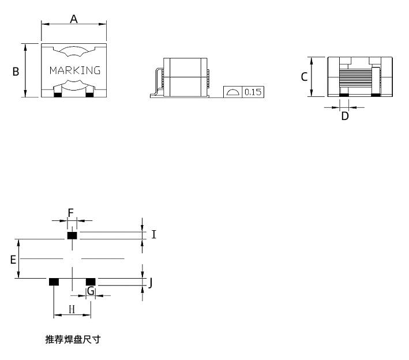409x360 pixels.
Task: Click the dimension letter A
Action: pyautogui.click(x=74, y=19)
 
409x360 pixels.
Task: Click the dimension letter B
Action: pyautogui.click(x=16, y=72)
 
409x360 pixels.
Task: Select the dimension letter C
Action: pyautogui.click(x=304, y=77)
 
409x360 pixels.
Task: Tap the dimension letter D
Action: pyautogui.click(x=345, y=116)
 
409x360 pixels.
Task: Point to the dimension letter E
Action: pyautogui.click(x=13, y=260)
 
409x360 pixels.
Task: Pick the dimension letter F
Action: pyautogui.click(x=71, y=213)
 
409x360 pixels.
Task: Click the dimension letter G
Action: pyautogui.click(x=91, y=291)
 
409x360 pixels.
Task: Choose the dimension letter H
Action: pyautogui.click(x=72, y=309)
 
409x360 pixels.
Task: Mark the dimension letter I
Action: pyautogui.click(x=154, y=235)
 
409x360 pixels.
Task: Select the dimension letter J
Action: pyautogui.click(x=150, y=283)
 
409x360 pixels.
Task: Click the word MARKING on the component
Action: pyautogui.click(x=75, y=70)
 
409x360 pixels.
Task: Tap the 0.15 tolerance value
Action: pyautogui.click(x=253, y=92)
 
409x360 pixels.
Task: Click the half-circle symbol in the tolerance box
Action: pyautogui.click(x=232, y=92)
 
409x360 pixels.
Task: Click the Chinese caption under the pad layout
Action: pyautogui.click(x=73, y=339)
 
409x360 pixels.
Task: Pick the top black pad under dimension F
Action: pyautogui.click(x=72, y=235)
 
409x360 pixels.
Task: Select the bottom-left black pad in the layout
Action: pyautogui.click(x=54, y=282)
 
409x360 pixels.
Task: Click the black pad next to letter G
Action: pyautogui.click(x=91, y=282)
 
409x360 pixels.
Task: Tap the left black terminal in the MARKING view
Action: pyautogui.click(x=58, y=95)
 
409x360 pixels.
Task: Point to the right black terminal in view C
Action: pyautogui.click(x=376, y=95)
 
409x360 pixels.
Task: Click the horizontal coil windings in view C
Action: pyautogui.click(x=355, y=77)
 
